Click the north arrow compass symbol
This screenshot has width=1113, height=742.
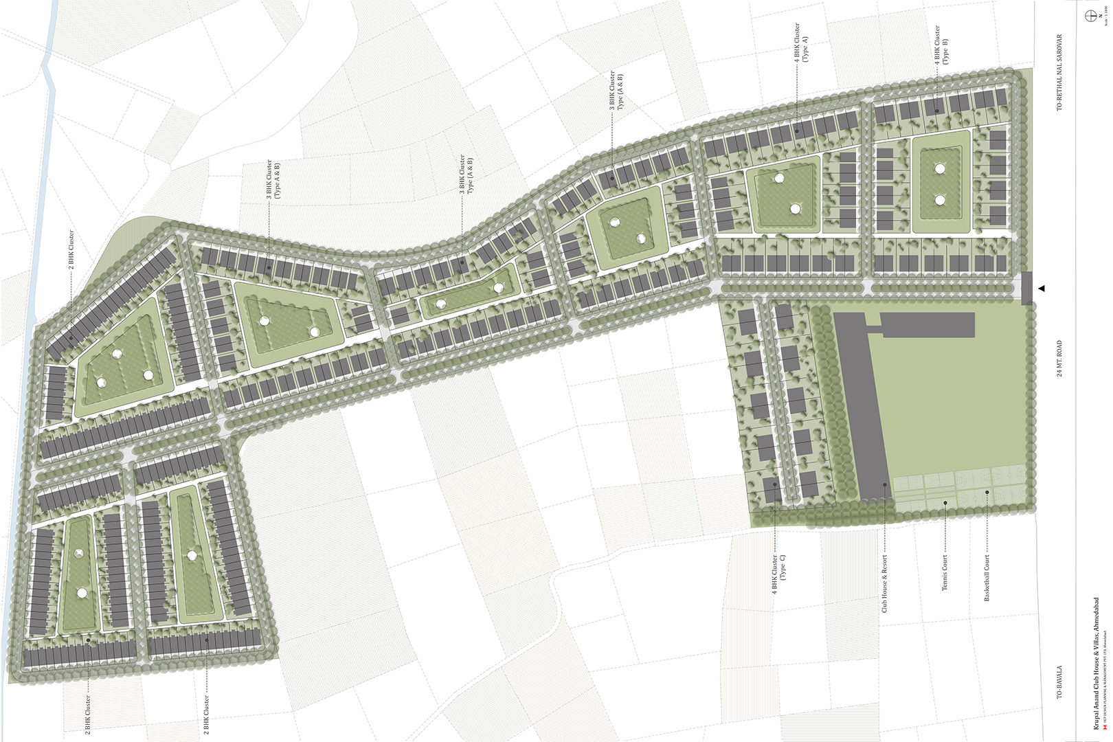coord(1090,14)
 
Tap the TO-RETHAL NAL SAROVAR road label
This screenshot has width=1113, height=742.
coord(1059,72)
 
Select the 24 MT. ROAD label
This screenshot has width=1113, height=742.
coord(1059,358)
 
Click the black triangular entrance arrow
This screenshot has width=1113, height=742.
coord(1042,289)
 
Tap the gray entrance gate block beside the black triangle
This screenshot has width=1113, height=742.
coord(1026,289)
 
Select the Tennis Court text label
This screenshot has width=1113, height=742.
coord(945,572)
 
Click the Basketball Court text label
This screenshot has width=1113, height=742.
coord(987,577)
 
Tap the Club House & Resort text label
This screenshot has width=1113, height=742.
coord(884,584)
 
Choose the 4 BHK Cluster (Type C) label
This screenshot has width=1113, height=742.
coord(778,574)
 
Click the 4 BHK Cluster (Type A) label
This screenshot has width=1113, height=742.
coord(800,43)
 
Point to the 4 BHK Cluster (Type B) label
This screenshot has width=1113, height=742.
coord(941,45)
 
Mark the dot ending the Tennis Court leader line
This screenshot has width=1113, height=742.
coord(945,503)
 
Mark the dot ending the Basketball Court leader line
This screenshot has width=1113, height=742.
coord(987,491)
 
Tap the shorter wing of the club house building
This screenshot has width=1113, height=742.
coord(927,325)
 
